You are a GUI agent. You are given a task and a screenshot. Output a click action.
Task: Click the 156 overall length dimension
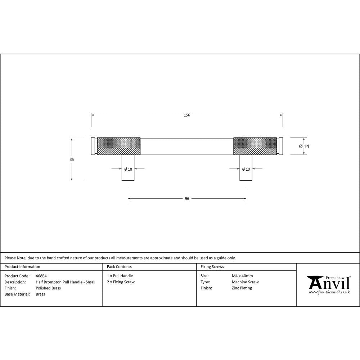pyautogui.click(x=187, y=115)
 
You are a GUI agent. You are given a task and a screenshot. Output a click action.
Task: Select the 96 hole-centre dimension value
pyautogui.click(x=187, y=199)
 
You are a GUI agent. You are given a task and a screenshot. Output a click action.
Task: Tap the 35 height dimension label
pyautogui.click(x=72, y=159)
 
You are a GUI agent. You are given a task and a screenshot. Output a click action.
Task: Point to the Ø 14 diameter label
pyautogui.click(x=304, y=146)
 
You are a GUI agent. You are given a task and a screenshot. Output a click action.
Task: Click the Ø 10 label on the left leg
pyautogui.click(x=128, y=169)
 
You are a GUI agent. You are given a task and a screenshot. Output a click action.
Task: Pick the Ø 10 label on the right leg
pyautogui.click(x=246, y=169)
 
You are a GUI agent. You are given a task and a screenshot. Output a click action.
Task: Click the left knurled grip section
pyautogui.click(x=118, y=146)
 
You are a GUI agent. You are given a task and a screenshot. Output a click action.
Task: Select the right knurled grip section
pyautogui.click(x=255, y=146)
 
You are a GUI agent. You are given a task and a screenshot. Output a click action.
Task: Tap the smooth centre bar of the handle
pyautogui.click(x=187, y=146)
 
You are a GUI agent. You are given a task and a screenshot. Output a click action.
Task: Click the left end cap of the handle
pyautogui.click(x=93, y=146)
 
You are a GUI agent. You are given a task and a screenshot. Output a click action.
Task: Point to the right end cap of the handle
pyautogui.click(x=281, y=146)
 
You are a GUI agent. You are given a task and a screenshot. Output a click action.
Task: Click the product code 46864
pyautogui.click(x=41, y=276)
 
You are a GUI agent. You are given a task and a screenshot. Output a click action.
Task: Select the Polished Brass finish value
pyautogui.click(x=48, y=288)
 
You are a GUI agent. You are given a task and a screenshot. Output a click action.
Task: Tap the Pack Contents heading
pyautogui.click(x=119, y=267)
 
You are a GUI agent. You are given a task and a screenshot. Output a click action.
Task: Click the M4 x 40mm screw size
pyautogui.click(x=242, y=276)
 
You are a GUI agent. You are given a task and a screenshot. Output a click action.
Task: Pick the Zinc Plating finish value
pyautogui.click(x=242, y=288)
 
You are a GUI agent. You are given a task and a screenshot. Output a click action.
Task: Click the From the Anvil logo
pyautogui.click(x=329, y=284)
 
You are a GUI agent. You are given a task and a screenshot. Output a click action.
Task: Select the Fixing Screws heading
pyautogui.click(x=212, y=267)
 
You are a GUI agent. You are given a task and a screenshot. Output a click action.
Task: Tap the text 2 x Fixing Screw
pyautogui.click(x=121, y=282)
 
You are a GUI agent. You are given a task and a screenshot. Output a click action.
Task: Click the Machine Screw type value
pyautogui.click(x=245, y=282)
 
